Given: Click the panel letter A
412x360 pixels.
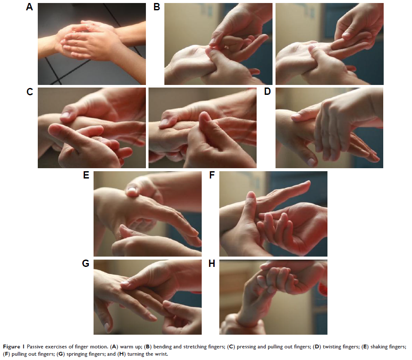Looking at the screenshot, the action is (30, 7).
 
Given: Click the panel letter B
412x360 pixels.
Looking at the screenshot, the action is (157, 7).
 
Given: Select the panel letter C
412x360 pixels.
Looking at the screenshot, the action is (30, 92).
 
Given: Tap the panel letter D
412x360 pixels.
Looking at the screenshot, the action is (267, 91).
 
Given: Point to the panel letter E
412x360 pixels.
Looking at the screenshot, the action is (86, 175).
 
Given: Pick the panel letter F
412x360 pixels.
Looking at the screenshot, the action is (212, 175).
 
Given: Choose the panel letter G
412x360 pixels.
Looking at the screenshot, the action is (86, 263).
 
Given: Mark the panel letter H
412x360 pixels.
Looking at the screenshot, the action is (212, 263).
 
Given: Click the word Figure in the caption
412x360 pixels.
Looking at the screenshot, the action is (12, 347).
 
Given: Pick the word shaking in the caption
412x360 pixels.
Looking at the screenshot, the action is (379, 347).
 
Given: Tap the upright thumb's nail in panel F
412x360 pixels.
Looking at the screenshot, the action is (251, 195).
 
